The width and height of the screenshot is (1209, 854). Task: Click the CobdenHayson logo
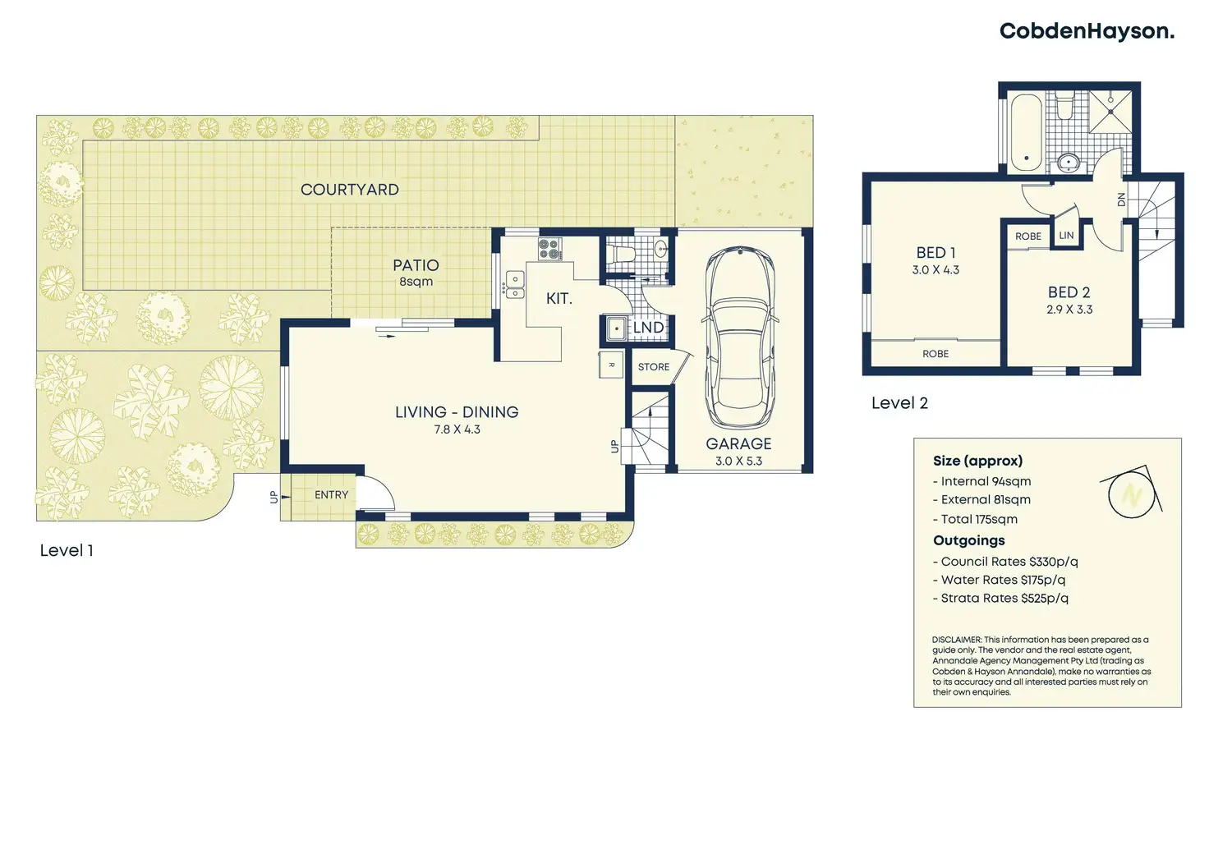click(x=1087, y=32)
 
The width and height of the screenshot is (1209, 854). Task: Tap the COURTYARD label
click(x=350, y=190)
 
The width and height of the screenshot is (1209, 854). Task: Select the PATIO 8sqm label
click(x=416, y=273)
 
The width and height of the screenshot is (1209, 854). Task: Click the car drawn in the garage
click(x=740, y=337)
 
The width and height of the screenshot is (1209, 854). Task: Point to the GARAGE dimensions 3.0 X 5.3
click(x=738, y=461)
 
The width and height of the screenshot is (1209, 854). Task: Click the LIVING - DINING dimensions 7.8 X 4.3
click(x=457, y=430)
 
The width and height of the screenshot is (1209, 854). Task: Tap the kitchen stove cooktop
click(x=549, y=250)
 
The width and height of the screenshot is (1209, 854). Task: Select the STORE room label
click(x=654, y=367)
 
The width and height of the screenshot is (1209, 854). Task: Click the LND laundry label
click(x=648, y=328)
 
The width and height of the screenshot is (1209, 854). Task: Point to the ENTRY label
click(x=331, y=495)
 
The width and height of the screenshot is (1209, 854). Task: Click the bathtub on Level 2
click(x=1026, y=133)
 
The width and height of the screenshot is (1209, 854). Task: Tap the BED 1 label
click(x=935, y=252)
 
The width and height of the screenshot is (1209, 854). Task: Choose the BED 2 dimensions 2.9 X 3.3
click(x=1069, y=310)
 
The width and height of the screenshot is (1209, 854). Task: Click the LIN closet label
click(x=1067, y=235)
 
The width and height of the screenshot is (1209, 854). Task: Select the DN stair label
click(x=1122, y=200)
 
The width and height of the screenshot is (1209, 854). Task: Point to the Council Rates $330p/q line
click(x=1005, y=562)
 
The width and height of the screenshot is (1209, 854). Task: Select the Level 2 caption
click(x=899, y=403)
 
